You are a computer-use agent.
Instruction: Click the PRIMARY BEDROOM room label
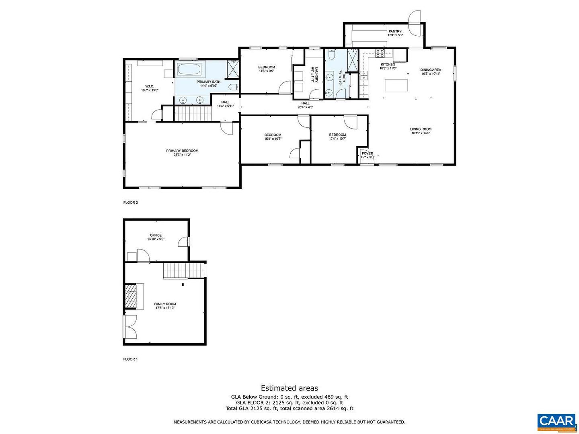(182, 151)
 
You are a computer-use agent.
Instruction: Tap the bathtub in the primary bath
(189, 70)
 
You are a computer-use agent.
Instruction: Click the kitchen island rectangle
(396, 85)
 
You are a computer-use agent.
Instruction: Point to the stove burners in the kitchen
(380, 53)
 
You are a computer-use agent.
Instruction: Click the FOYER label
(367, 154)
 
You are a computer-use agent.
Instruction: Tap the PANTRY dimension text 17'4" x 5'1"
(395, 35)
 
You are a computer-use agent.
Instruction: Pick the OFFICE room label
(156, 235)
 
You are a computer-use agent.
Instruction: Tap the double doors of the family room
(130, 327)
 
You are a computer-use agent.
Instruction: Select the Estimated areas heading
(289, 388)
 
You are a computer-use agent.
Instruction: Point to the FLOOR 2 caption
(130, 203)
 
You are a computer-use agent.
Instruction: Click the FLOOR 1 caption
(130, 359)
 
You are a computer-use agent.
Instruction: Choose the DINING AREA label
(431, 70)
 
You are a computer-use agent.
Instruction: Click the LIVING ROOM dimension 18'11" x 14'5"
(421, 133)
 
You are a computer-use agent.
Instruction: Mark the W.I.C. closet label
(150, 86)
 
